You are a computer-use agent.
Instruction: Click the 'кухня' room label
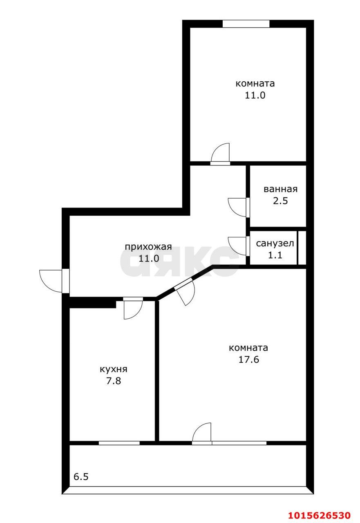click(x=114, y=369)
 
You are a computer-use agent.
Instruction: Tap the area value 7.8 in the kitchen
click(x=114, y=381)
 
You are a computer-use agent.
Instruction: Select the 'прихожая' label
click(x=148, y=247)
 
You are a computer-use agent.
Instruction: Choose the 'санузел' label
click(x=275, y=244)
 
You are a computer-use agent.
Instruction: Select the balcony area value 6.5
click(x=81, y=476)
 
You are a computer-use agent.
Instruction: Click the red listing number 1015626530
click(x=319, y=514)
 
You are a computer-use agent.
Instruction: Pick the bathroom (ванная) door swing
click(x=237, y=207)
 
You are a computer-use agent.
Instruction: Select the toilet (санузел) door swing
click(x=237, y=246)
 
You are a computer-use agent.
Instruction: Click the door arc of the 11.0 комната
click(x=221, y=153)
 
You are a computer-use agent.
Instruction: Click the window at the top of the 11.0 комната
click(x=246, y=24)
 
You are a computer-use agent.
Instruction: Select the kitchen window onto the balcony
click(x=119, y=443)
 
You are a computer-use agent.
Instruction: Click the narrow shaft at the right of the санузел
click(x=302, y=248)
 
